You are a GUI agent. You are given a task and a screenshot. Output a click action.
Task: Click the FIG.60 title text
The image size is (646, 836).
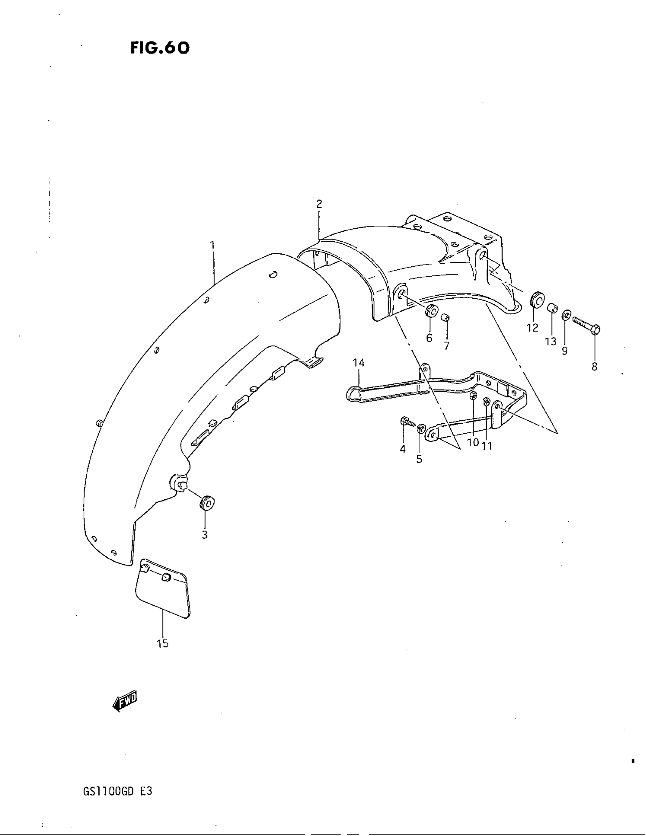[x=160, y=48]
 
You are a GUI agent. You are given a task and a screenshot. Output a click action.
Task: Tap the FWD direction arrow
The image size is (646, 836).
[x=125, y=701]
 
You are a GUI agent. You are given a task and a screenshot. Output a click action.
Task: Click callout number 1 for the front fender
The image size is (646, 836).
[x=212, y=245]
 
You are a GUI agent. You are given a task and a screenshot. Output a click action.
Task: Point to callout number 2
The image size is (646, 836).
[x=319, y=204]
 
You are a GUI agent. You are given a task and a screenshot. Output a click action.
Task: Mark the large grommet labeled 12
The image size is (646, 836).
[x=537, y=299]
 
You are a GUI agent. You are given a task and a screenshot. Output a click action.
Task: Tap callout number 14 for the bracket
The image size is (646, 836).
[x=359, y=363]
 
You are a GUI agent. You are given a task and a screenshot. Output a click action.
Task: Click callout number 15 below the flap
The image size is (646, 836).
[x=163, y=643]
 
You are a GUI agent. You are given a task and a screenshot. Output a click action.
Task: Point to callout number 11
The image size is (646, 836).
[x=487, y=446]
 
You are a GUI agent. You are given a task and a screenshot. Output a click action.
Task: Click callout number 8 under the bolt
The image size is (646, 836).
[x=594, y=366]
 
